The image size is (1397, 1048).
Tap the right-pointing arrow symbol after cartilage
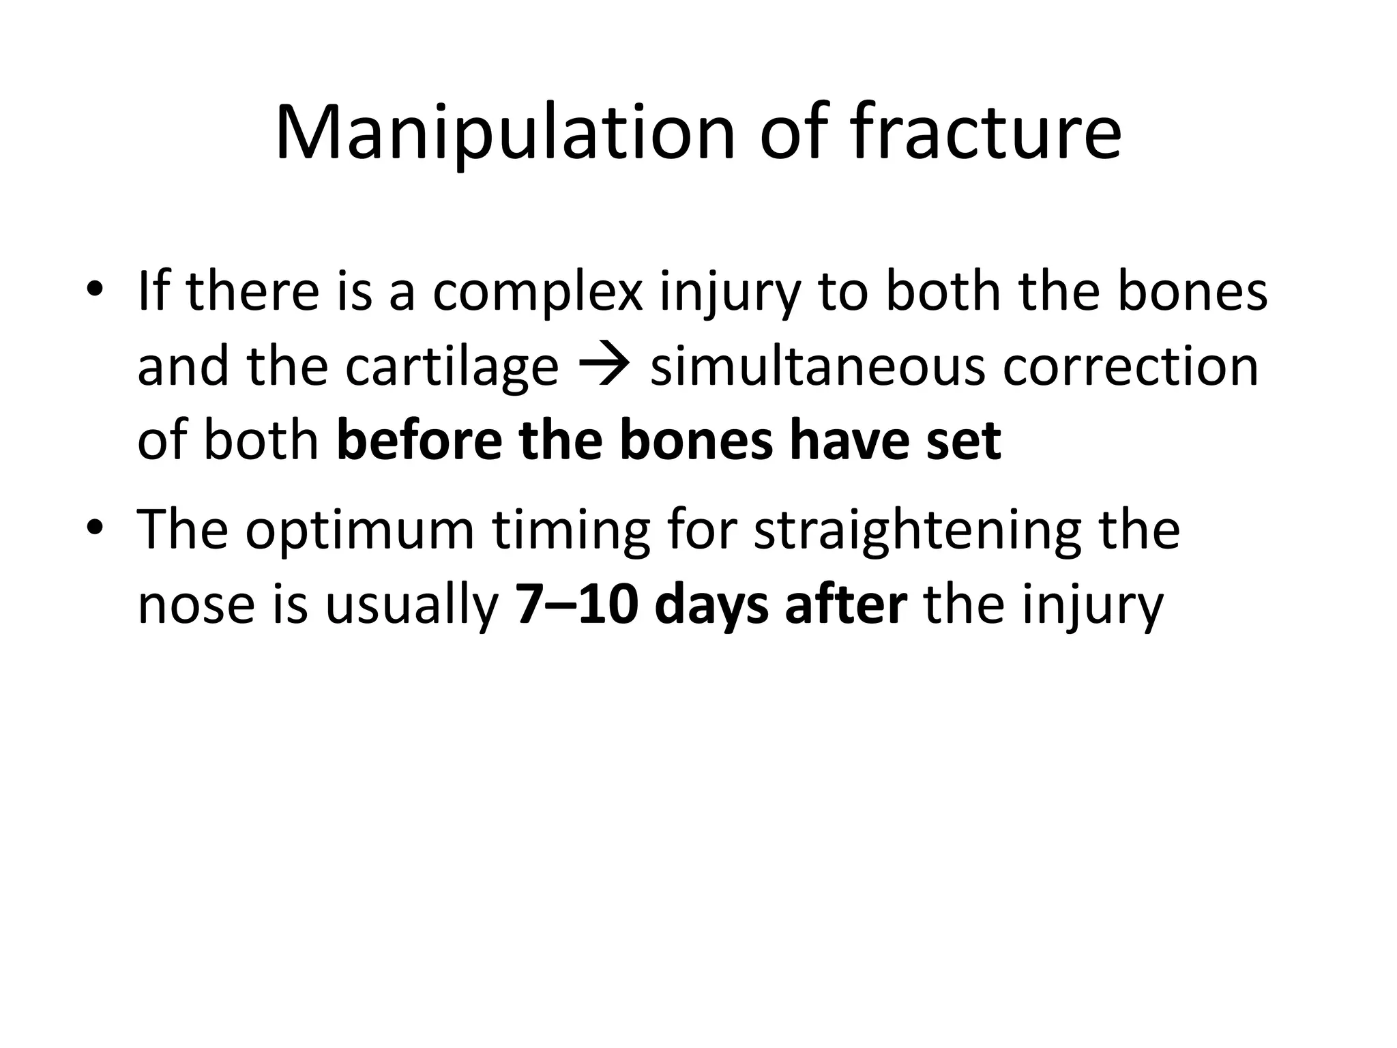point(604,367)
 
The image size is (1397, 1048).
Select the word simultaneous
point(817,367)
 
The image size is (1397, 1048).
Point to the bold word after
point(846,605)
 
